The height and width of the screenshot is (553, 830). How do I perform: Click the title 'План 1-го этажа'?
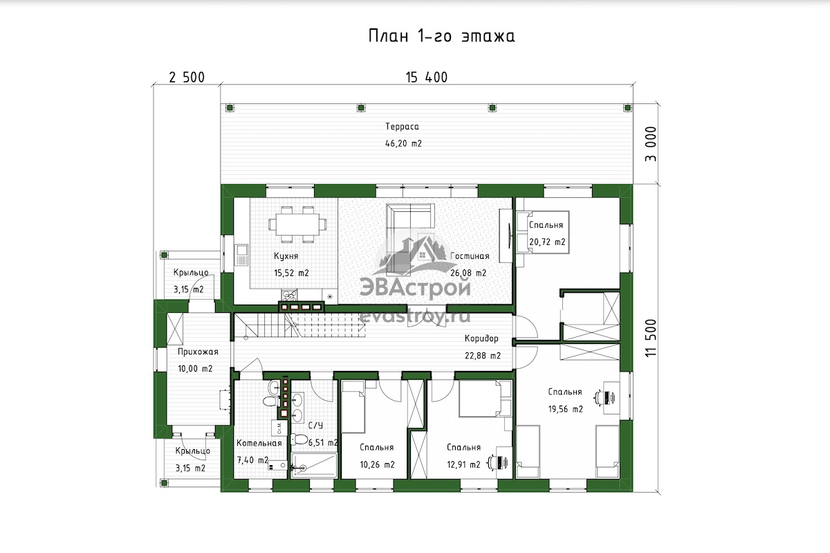(442, 37)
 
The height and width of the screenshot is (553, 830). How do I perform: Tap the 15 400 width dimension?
(427, 78)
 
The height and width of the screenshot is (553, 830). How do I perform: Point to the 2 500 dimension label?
(187, 78)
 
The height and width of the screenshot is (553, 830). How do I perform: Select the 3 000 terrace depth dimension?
(651, 144)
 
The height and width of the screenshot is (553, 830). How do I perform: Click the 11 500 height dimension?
(651, 338)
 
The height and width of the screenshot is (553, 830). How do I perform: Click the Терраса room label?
(402, 127)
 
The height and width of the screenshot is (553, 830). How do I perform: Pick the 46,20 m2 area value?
(403, 143)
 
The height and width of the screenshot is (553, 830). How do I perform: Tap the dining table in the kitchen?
(297, 224)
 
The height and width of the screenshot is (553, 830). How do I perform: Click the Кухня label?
(286, 256)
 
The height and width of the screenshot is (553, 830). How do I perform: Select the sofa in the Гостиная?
(410, 217)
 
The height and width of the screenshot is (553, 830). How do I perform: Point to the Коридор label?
(481, 338)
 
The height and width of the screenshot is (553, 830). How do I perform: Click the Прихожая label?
(198, 352)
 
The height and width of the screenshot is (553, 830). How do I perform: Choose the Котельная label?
(259, 443)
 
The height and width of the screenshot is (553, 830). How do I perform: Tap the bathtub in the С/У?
(314, 466)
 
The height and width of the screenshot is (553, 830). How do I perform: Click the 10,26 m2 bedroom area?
(377, 464)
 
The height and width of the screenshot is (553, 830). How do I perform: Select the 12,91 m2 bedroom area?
(463, 464)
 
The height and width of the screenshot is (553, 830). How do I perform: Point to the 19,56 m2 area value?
(566, 409)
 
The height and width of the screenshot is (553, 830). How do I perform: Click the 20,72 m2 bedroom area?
(547, 242)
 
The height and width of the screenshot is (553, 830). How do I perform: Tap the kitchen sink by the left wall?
(241, 255)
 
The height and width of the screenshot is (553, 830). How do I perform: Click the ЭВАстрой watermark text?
(415, 288)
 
